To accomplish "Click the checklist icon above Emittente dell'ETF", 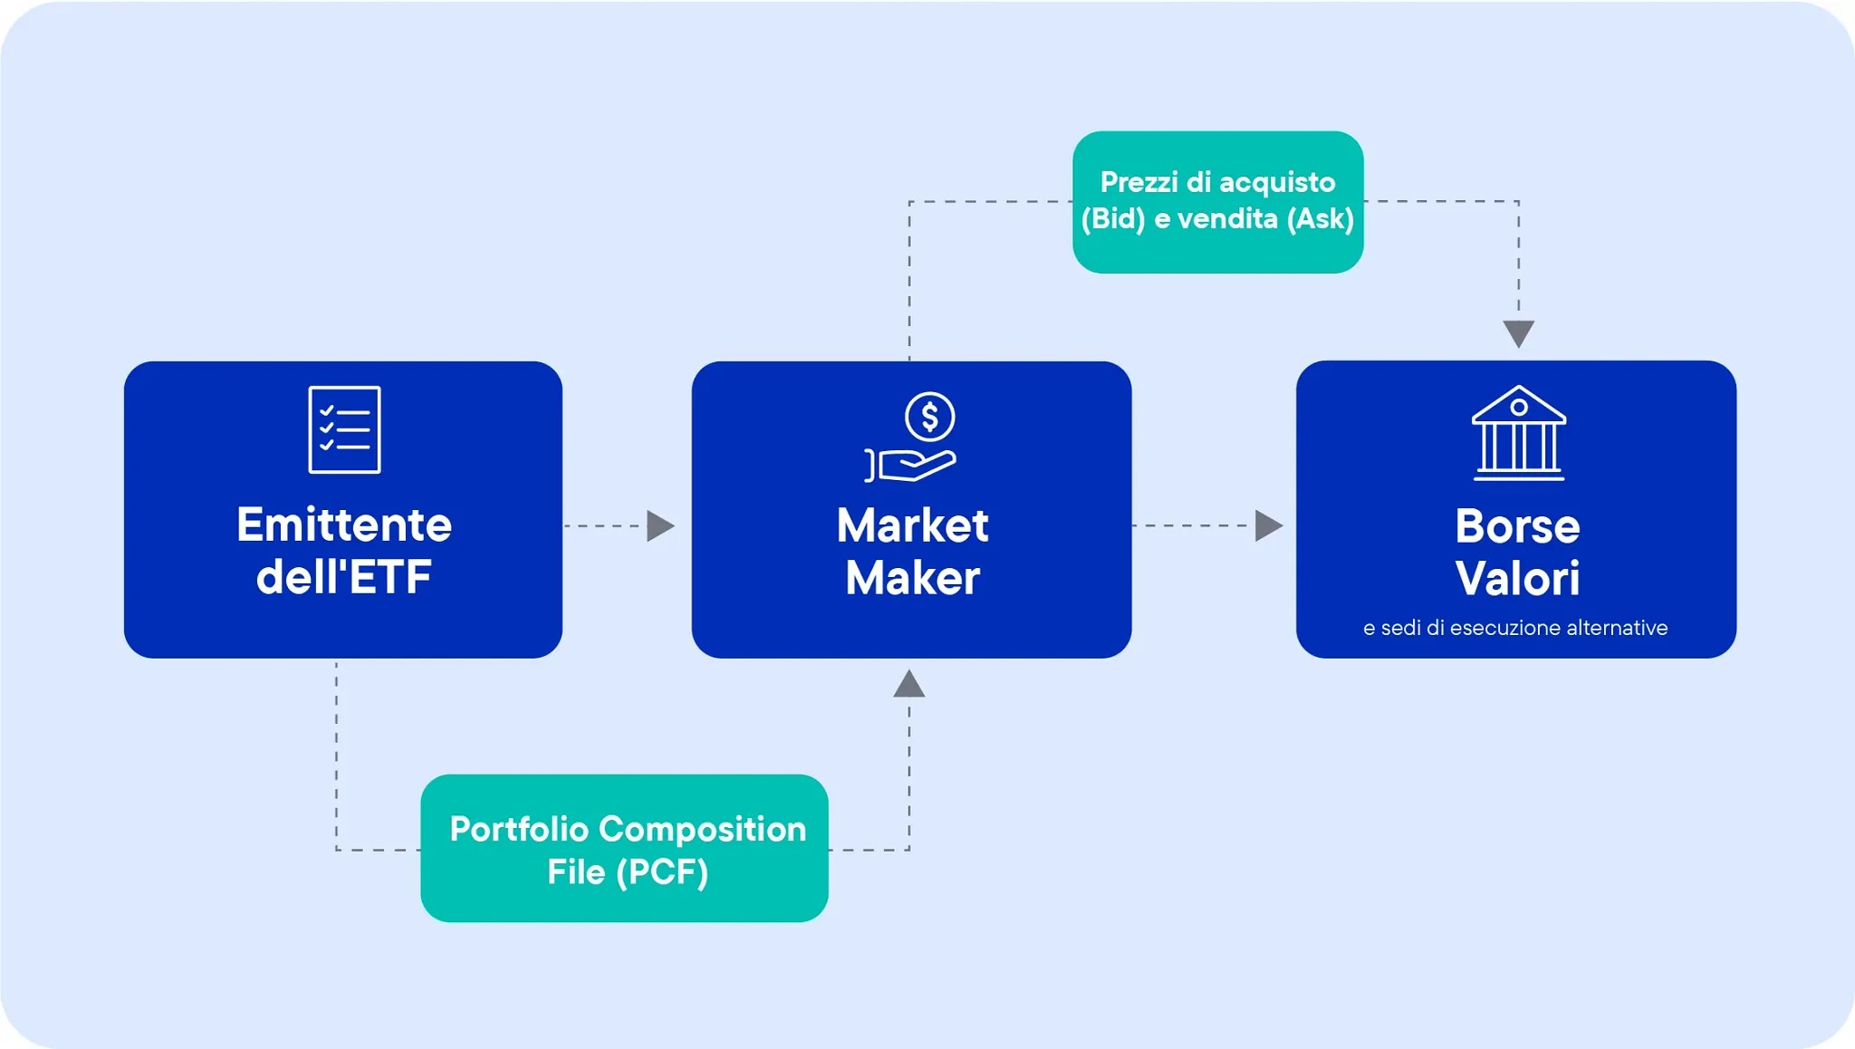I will click(x=344, y=429).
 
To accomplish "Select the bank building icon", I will click(x=1518, y=433).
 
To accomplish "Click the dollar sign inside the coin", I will click(x=929, y=417).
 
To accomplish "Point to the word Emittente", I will click(x=344, y=524).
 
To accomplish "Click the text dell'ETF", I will click(x=344, y=577).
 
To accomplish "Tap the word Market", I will click(x=912, y=525).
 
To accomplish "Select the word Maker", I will click(x=912, y=578).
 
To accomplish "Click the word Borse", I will click(x=1517, y=526).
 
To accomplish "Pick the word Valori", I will click(x=1517, y=579).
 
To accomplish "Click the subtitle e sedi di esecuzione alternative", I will click(x=1515, y=628).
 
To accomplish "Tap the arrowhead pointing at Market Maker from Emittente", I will click(x=661, y=526).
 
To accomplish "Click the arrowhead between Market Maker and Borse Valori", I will click(x=1269, y=525).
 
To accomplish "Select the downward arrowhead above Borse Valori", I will click(x=1519, y=333).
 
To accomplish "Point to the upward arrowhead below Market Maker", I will click(x=909, y=685).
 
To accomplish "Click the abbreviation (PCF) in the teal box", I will click(x=662, y=872).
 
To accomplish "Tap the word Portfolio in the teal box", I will click(x=519, y=829).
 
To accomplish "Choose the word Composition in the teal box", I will click(x=703, y=829).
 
